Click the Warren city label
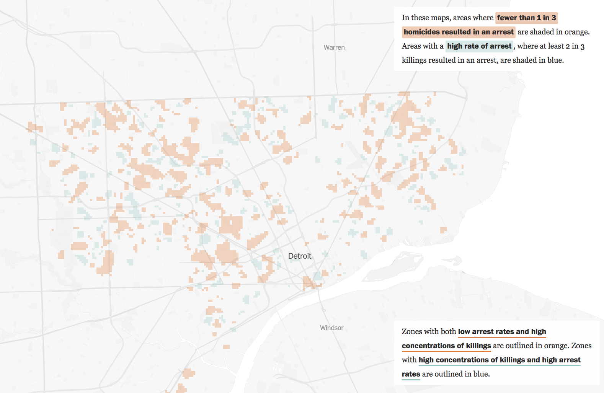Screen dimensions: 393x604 point(334,47)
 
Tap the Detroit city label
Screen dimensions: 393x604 point(299,256)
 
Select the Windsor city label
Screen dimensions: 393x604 point(331,328)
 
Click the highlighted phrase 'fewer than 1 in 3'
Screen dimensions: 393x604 point(526,18)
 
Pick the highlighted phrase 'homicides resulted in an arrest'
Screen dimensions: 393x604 point(458,32)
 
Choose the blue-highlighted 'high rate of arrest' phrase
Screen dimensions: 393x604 point(479,46)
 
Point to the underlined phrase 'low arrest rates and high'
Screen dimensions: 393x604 point(502,332)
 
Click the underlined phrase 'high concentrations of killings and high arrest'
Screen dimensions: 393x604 point(500,360)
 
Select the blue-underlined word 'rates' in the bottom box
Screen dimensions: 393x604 point(411,374)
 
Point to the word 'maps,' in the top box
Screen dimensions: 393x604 point(441,18)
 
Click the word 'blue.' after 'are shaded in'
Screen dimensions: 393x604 point(555,60)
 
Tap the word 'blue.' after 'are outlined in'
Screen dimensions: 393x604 point(482,374)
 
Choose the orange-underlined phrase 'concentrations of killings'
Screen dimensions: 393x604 point(446,346)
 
